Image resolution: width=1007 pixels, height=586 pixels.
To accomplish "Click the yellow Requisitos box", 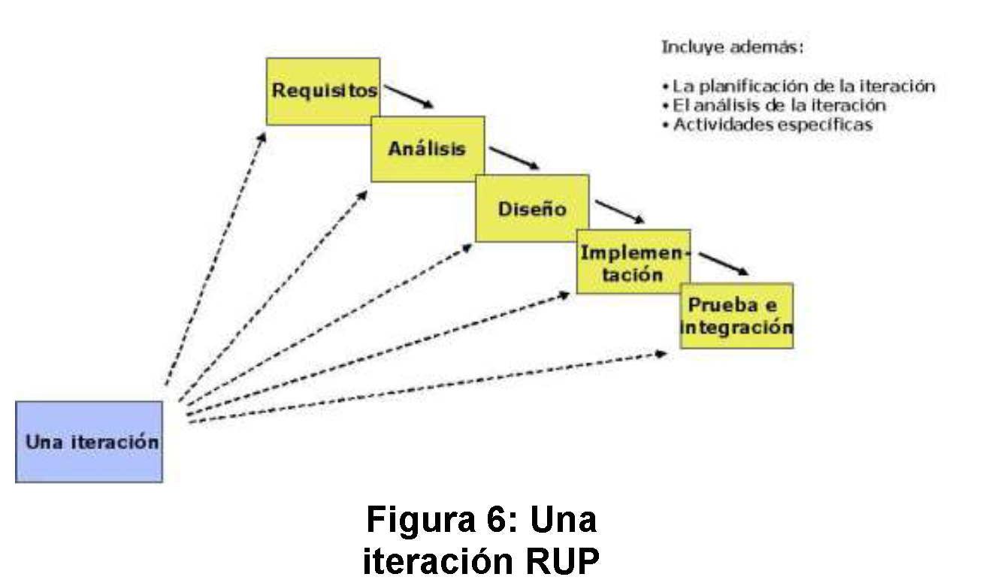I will pos(323,91).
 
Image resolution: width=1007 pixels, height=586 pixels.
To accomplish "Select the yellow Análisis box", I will pos(427,148).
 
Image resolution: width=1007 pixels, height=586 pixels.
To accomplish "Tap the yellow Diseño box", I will pos(532,208).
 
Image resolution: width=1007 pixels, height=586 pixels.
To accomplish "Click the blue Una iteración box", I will pos(89,441).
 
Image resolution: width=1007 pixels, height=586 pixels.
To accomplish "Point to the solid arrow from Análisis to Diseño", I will pos(515,158).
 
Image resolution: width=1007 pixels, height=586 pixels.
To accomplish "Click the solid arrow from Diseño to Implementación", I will pos(620,212).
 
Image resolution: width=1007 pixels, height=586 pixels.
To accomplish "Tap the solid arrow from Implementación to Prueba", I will pos(724,264).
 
